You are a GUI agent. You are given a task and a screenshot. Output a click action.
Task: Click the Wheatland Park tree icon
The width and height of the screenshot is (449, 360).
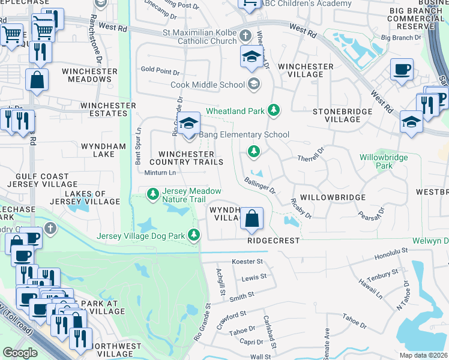(274, 110)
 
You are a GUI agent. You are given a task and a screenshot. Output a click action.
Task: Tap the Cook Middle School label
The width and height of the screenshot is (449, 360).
(208, 85)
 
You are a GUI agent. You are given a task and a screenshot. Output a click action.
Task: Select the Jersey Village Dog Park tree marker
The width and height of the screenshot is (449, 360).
(194, 236)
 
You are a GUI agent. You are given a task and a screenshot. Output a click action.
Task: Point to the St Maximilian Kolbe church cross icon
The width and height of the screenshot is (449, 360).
(246, 35)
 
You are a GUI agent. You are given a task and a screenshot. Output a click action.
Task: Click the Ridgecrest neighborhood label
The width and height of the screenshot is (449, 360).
(273, 239)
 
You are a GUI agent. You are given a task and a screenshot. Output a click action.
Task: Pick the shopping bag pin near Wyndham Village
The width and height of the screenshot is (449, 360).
(253, 218)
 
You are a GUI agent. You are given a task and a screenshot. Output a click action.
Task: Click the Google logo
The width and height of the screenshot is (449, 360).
(20, 353)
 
